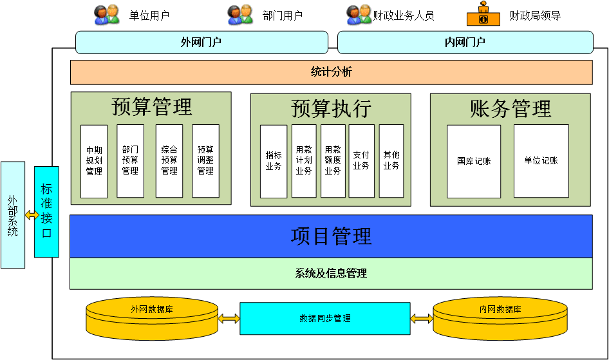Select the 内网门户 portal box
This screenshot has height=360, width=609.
(465, 43)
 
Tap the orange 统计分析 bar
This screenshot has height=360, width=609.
(331, 72)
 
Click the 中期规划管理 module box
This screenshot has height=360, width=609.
(94, 161)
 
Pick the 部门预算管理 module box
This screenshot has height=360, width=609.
(130, 161)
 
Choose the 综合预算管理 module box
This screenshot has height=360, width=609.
(169, 161)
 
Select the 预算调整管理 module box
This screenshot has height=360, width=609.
(205, 161)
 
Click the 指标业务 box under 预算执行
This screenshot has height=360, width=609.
(274, 161)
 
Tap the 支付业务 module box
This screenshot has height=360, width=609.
(361, 161)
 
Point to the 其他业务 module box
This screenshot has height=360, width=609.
(391, 161)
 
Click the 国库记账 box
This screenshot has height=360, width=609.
(474, 161)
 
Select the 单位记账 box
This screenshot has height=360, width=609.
(541, 161)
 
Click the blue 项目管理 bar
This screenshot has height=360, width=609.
(331, 236)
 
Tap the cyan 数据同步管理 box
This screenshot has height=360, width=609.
(325, 318)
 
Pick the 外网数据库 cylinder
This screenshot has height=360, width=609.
(152, 317)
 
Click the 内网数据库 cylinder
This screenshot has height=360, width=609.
(500, 317)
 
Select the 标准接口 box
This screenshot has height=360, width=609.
(46, 211)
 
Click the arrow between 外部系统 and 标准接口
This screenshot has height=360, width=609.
(30, 215)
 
